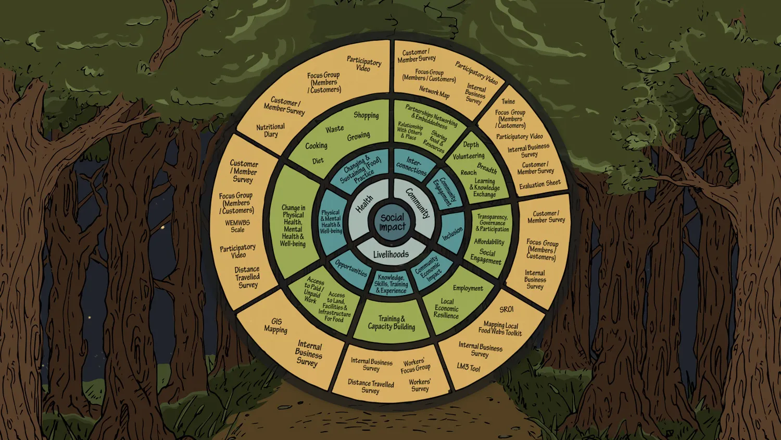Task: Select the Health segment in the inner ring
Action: (x=364, y=204)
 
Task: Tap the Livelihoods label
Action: (x=391, y=254)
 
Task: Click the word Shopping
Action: (x=366, y=115)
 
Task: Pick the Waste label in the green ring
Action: (x=334, y=129)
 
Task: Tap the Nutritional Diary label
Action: (x=270, y=130)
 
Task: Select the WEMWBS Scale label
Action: (x=237, y=226)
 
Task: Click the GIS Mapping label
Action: (x=276, y=325)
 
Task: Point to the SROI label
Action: (x=506, y=309)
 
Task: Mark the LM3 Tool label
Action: (x=468, y=367)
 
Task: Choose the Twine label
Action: (x=508, y=101)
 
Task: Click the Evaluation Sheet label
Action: (x=540, y=184)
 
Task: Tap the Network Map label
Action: (x=434, y=92)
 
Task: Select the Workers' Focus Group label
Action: (x=415, y=365)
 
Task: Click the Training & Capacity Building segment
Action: (x=392, y=322)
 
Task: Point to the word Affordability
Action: (x=489, y=242)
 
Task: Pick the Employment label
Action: (x=468, y=288)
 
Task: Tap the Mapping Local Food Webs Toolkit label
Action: (x=500, y=328)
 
